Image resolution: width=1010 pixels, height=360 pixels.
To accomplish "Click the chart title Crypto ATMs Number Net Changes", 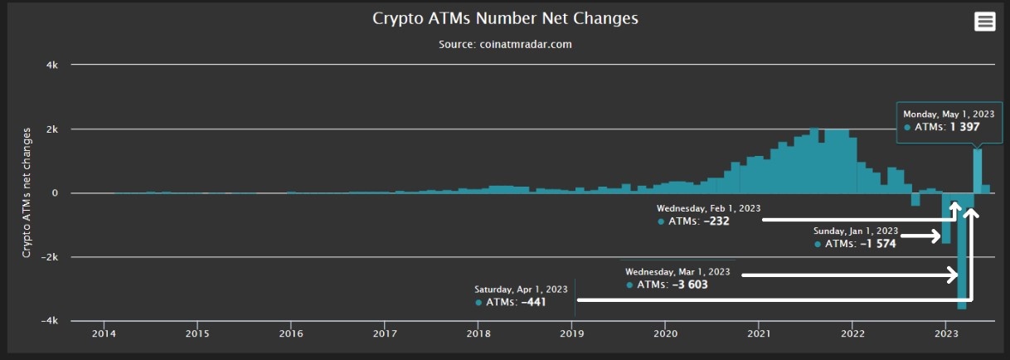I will (505, 18).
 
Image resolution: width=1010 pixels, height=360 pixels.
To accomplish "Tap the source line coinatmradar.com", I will (505, 44).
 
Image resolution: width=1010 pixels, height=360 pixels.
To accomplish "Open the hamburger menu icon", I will (984, 22).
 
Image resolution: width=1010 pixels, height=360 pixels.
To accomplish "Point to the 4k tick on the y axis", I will (52, 64).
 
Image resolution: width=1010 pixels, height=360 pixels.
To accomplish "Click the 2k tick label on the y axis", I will (52, 129).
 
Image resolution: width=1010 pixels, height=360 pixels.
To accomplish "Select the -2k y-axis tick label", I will (51, 257).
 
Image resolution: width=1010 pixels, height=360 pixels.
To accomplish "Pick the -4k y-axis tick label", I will (51, 321).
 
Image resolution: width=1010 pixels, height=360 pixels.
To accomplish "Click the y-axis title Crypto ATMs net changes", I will (27, 192).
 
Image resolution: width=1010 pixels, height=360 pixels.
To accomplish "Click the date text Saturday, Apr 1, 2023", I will (521, 289).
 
